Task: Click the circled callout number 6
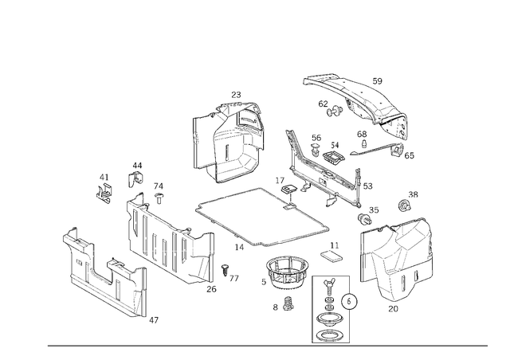tap(349, 302)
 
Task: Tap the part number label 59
tap(377, 81)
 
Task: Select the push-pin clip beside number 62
tap(335, 111)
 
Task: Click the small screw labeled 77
tap(225, 270)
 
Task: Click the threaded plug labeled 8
tap(288, 303)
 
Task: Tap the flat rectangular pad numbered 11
tap(331, 256)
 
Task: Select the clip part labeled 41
tap(104, 194)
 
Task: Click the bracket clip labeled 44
tap(135, 179)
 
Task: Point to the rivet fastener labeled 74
tap(159, 198)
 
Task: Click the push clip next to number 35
tap(365, 218)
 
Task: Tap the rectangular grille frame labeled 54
tap(333, 156)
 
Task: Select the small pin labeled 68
tap(364, 143)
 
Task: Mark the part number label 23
tap(236, 95)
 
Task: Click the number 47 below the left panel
tap(154, 320)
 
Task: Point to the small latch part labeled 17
tap(288, 189)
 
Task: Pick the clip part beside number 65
tap(397, 151)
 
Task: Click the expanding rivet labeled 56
tap(316, 151)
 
